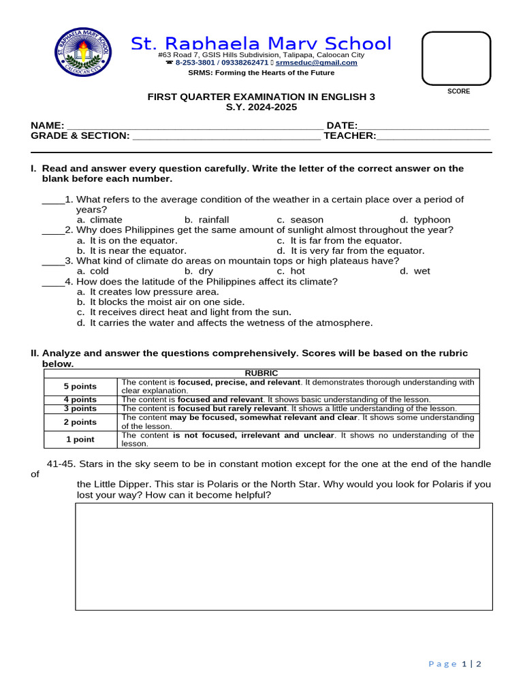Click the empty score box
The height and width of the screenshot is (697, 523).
coord(456,58)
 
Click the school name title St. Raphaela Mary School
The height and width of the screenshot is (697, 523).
coord(261,44)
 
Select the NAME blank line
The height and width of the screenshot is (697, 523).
coord(194,126)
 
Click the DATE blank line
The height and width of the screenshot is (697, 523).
coord(423,126)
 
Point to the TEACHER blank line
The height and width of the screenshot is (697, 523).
coord(433,136)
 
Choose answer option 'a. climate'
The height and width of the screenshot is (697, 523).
coord(99,220)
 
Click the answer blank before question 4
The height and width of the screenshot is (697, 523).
coord(52,282)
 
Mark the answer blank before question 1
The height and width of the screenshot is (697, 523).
coord(52,200)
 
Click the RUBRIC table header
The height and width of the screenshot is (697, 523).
coord(261,373)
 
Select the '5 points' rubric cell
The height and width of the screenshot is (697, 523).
coord(80,387)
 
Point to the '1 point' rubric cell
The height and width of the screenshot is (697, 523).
coord(80,440)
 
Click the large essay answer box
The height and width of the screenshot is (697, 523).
coord(283,556)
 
